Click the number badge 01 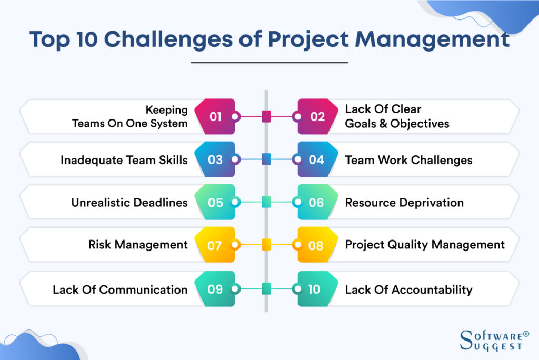pos(215,116)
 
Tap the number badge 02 pos(317,116)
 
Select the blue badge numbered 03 pos(215,159)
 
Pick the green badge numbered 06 pos(317,203)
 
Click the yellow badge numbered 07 pos(215,245)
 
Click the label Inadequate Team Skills pos(124,159)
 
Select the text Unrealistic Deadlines pos(129,203)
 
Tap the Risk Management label pos(138,245)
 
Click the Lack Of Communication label pos(120,289)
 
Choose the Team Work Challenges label pos(408,160)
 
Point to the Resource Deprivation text pos(404,203)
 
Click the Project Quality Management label pos(425,245)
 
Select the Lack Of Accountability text pos(408,289)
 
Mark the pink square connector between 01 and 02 pos(266,116)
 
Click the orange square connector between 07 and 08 pos(266,245)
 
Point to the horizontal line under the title pos(269,63)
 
